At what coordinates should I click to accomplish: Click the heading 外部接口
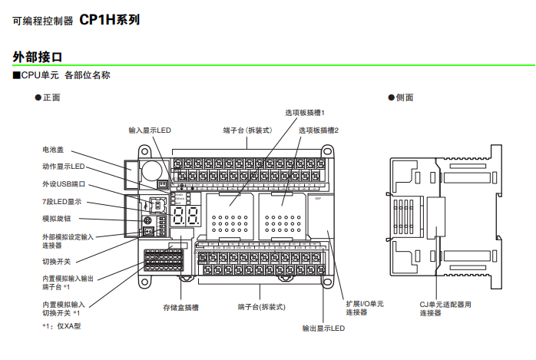(38, 57)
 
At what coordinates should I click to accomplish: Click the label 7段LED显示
(61, 202)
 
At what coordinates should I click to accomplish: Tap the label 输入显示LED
(150, 130)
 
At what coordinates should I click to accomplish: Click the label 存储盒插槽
(180, 307)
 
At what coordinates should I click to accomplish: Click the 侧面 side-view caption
(403, 97)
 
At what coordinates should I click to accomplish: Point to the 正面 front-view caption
(51, 97)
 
